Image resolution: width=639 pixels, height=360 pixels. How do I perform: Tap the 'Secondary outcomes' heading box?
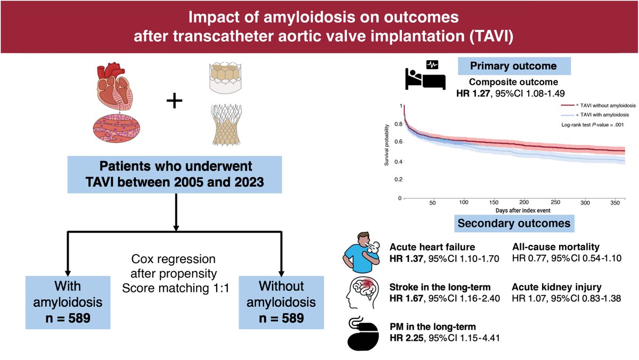tap(513, 223)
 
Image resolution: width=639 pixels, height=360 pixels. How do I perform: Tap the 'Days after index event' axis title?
tap(513, 211)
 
